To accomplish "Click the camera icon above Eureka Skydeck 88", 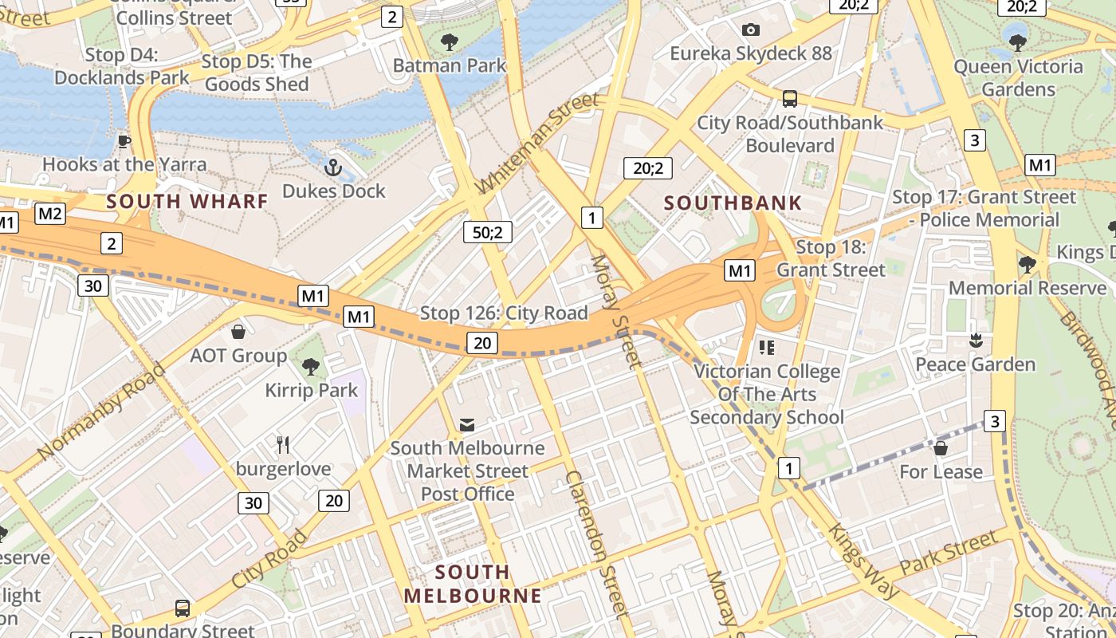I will point(750,30).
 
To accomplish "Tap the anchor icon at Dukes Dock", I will point(333,167).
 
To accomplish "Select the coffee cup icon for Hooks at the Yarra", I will point(124,141).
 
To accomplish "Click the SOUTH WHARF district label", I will point(187,201).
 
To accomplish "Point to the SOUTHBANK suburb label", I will point(733,203).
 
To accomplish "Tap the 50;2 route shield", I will point(487,232).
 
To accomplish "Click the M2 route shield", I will point(50,213).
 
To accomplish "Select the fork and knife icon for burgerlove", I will point(282,444).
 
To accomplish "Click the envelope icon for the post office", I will point(466,424).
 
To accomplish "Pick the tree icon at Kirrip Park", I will point(311,367).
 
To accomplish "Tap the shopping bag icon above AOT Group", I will point(238,332).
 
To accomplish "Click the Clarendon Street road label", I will point(595,544).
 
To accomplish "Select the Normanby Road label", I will point(100,412).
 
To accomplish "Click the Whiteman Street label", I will point(537,144).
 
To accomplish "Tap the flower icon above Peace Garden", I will point(975,341).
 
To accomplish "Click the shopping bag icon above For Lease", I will point(941,448).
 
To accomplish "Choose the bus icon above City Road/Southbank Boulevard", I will point(790,99).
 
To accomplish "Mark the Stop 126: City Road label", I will point(504,313).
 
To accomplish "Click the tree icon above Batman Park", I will point(450,41).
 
